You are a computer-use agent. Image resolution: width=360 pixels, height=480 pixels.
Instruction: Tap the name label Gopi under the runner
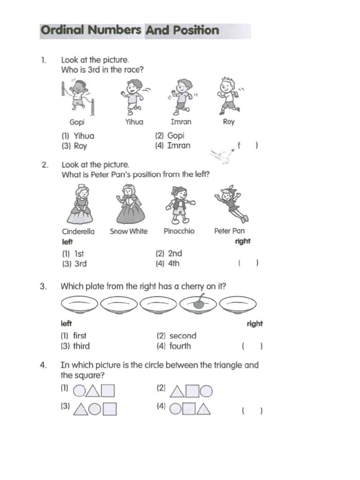[77, 122]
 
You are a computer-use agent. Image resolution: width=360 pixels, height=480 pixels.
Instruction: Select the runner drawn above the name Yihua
[134, 96]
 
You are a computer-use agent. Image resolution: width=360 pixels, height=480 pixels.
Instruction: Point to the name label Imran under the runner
[181, 122]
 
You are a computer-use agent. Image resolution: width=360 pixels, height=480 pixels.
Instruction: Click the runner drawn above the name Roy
[228, 96]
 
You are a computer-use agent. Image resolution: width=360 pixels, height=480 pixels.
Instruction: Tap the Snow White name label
[128, 231]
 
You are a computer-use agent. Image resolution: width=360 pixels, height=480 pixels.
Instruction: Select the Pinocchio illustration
[180, 204]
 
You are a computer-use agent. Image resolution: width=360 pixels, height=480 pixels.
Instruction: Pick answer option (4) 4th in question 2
[168, 263]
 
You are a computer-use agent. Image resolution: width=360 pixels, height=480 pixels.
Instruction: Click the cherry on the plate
[199, 303]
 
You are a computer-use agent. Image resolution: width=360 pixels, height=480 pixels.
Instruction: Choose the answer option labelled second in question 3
[177, 336]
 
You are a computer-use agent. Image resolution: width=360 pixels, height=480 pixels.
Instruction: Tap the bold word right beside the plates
[255, 323]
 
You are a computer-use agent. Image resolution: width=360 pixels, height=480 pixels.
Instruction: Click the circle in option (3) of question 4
[95, 410]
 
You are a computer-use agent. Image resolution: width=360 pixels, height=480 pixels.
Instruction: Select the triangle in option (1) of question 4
[93, 390]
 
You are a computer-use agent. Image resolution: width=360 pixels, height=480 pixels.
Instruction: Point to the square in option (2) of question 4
[193, 391]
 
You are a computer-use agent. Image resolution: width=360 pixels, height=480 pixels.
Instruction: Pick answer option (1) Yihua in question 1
[78, 136]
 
